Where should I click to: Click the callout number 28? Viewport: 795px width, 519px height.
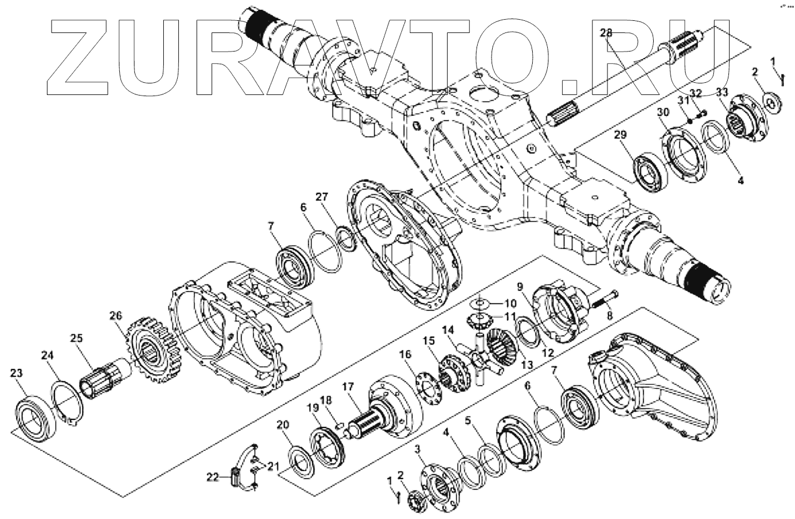(x=605, y=33)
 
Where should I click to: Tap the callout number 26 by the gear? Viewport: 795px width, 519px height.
(x=116, y=316)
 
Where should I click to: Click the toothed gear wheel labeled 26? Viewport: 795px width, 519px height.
(x=152, y=354)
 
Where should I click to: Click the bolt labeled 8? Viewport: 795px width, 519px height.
(x=606, y=302)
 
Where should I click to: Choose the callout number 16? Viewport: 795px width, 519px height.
(x=404, y=354)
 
